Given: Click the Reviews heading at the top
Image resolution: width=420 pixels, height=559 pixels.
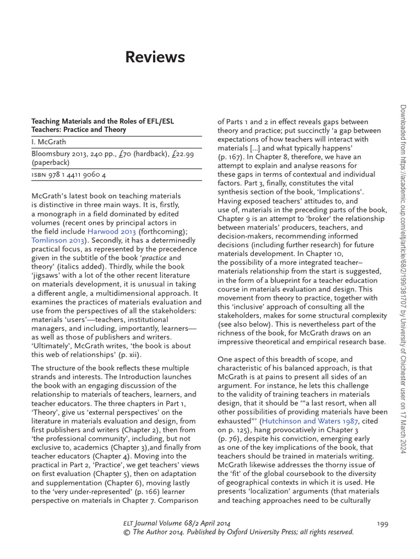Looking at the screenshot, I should tap(155, 57).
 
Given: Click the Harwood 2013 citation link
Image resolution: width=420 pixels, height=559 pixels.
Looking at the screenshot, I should tap(112, 231).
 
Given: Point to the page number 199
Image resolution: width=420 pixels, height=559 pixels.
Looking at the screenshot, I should tap(382, 524).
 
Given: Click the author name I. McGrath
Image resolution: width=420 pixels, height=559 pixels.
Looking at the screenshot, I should tap(49, 141).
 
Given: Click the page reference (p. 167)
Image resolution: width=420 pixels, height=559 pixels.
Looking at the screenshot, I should tap(232, 157).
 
